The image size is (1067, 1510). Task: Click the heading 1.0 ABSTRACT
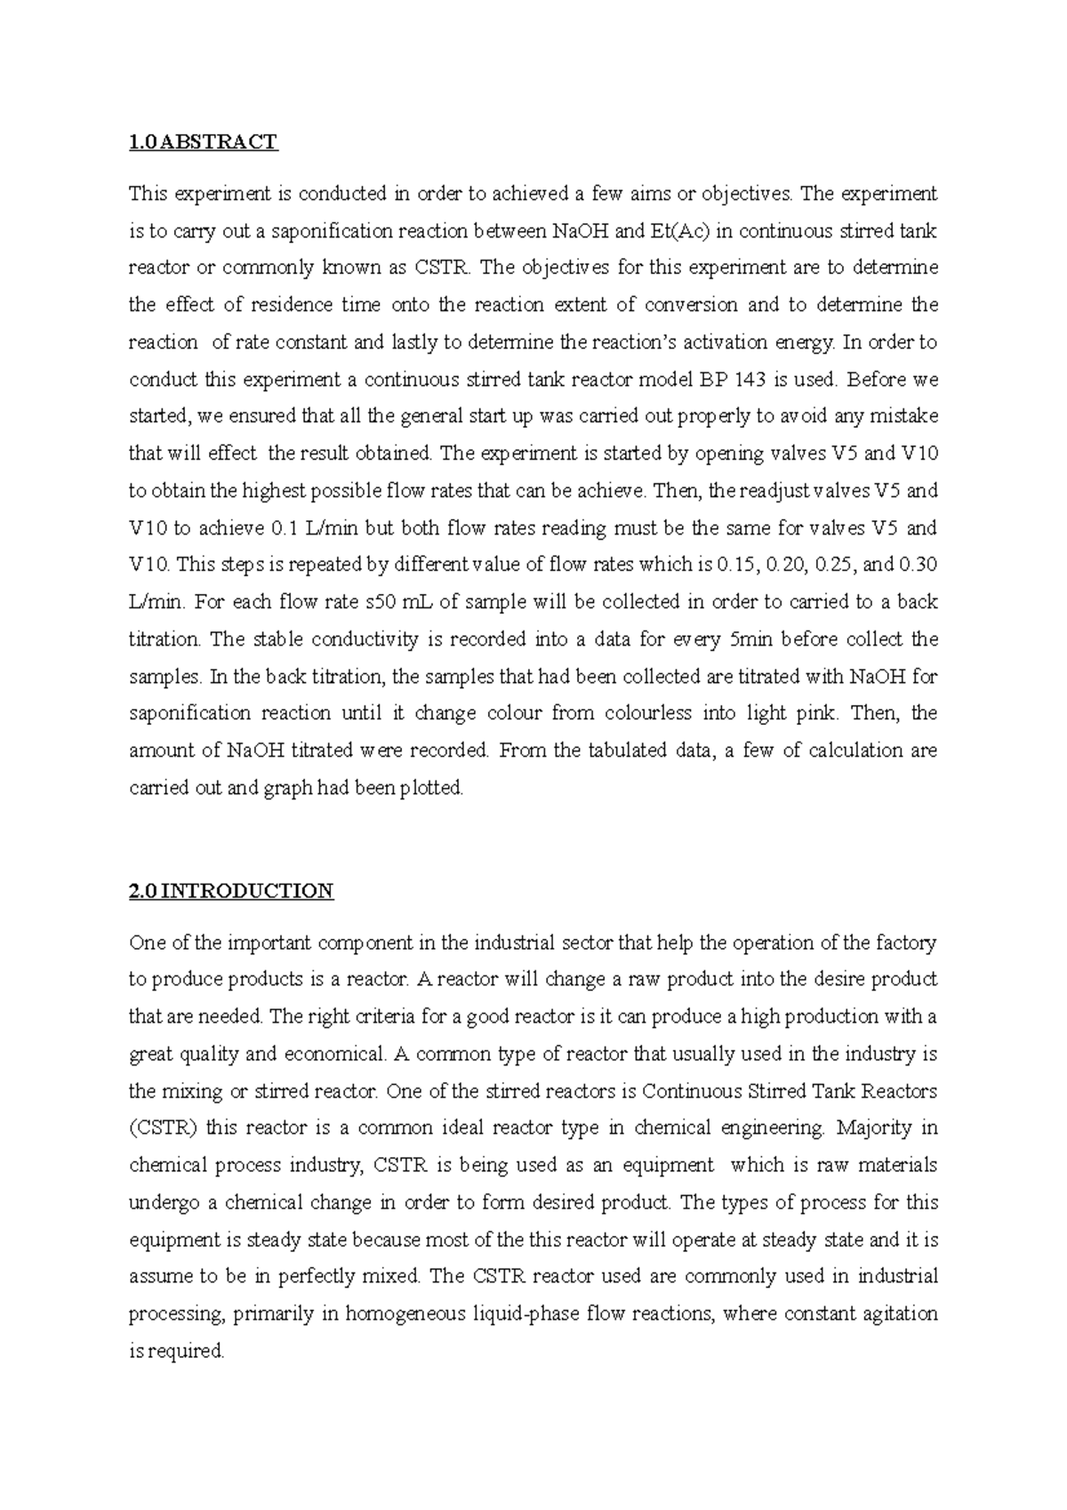point(203,141)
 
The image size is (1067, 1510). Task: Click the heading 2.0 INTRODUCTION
point(231,891)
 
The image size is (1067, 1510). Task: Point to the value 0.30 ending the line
point(919,565)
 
